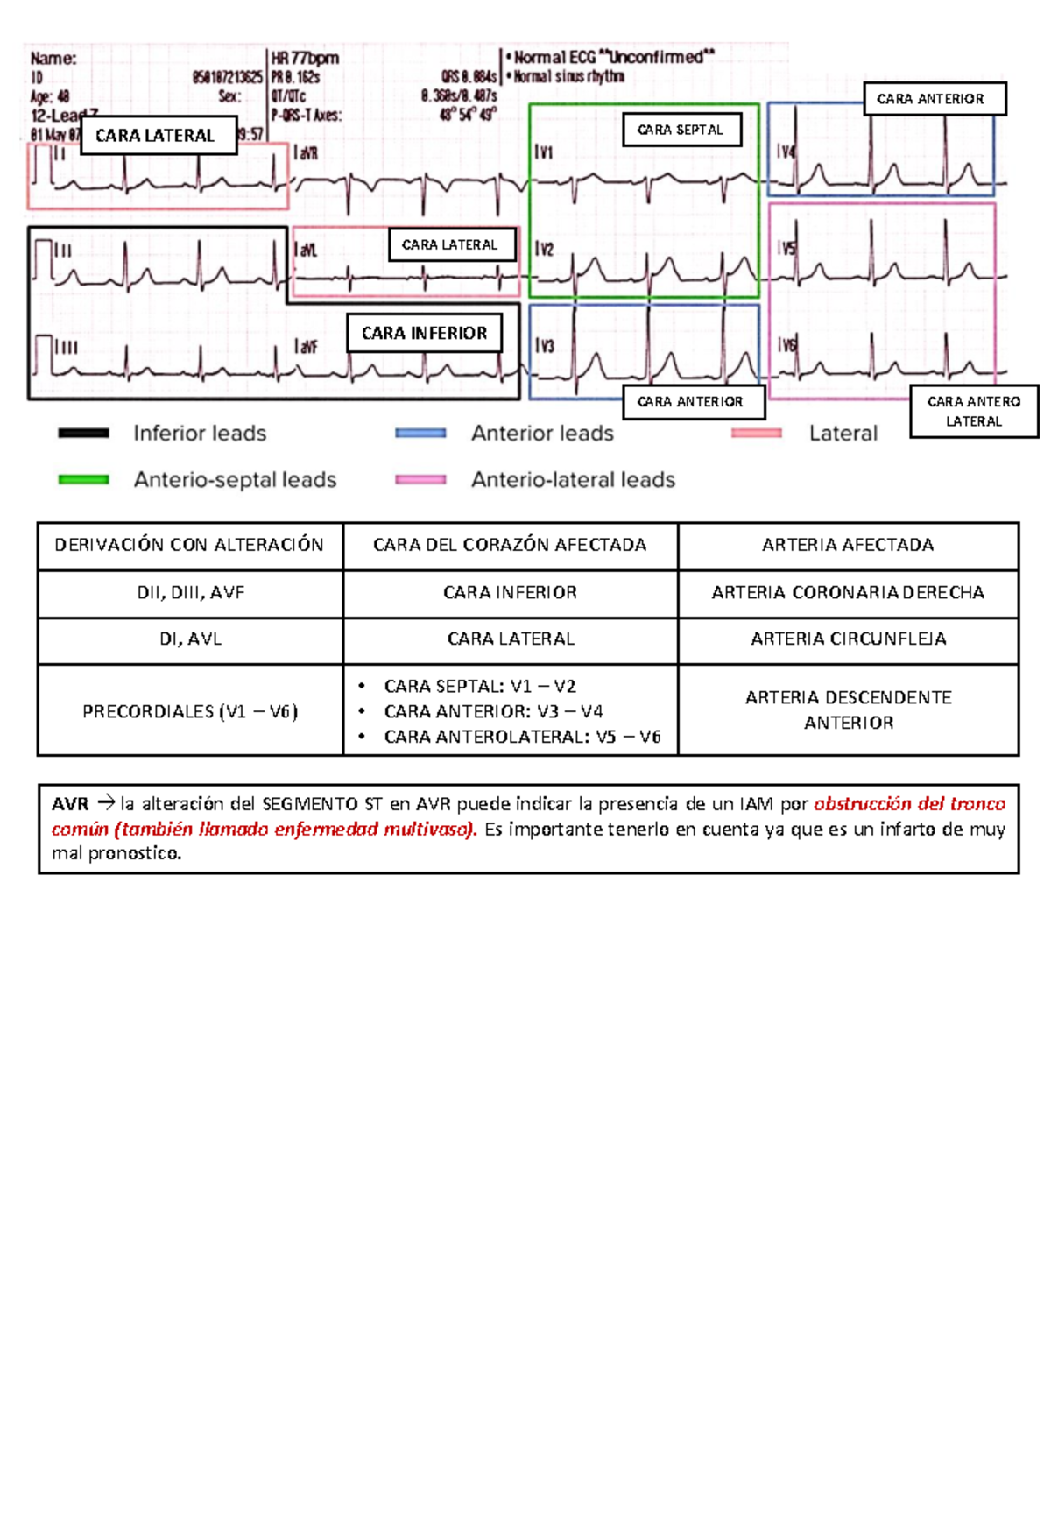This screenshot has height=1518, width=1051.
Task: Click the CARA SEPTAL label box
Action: (681, 130)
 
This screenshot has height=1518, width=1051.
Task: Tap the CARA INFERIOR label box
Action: (424, 333)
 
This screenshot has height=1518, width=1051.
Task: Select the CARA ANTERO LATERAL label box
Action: (973, 411)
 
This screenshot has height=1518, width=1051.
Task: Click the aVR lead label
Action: (307, 153)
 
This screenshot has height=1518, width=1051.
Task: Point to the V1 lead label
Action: (545, 152)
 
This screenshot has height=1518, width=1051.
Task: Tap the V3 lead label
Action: (546, 346)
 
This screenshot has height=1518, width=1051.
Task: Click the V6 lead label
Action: (788, 346)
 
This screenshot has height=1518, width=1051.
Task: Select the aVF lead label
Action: (307, 348)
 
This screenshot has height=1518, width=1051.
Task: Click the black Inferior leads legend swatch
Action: (83, 433)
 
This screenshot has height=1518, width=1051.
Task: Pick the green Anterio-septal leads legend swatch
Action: (83, 479)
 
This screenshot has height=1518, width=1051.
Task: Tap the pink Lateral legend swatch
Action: (756, 433)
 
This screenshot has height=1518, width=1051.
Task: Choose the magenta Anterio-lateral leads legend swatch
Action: (420, 479)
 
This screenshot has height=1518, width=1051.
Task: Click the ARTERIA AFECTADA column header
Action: (848, 545)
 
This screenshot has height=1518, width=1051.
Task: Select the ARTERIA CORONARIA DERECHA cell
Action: (848, 593)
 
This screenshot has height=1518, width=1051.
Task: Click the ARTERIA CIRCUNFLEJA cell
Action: (848, 639)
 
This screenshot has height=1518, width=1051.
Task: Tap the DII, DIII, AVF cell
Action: (190, 593)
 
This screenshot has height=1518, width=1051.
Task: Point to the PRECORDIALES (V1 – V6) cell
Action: (190, 711)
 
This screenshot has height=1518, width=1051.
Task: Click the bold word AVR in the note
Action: (70, 803)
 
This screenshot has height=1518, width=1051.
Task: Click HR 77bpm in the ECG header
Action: (305, 59)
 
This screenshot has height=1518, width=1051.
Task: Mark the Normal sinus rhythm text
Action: (569, 77)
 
